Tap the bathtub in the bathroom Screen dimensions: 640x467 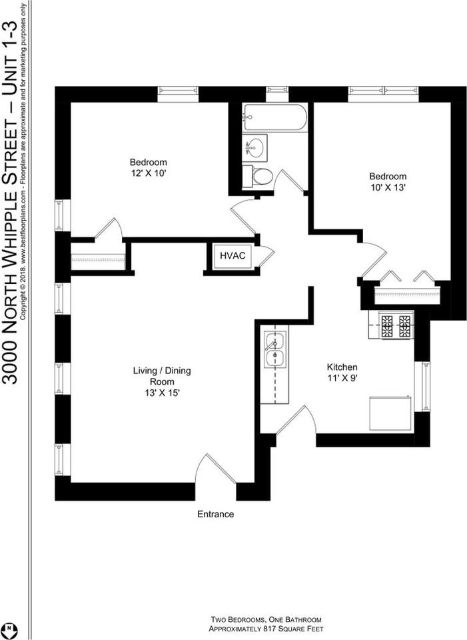click(274, 118)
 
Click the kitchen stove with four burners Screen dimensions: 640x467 click(396, 325)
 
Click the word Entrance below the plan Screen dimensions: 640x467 click(215, 514)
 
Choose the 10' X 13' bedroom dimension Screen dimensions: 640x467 click(388, 187)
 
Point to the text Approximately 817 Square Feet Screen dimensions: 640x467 click(266, 629)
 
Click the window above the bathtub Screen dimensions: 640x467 click(277, 93)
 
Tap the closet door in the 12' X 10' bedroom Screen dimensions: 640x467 click(109, 229)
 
